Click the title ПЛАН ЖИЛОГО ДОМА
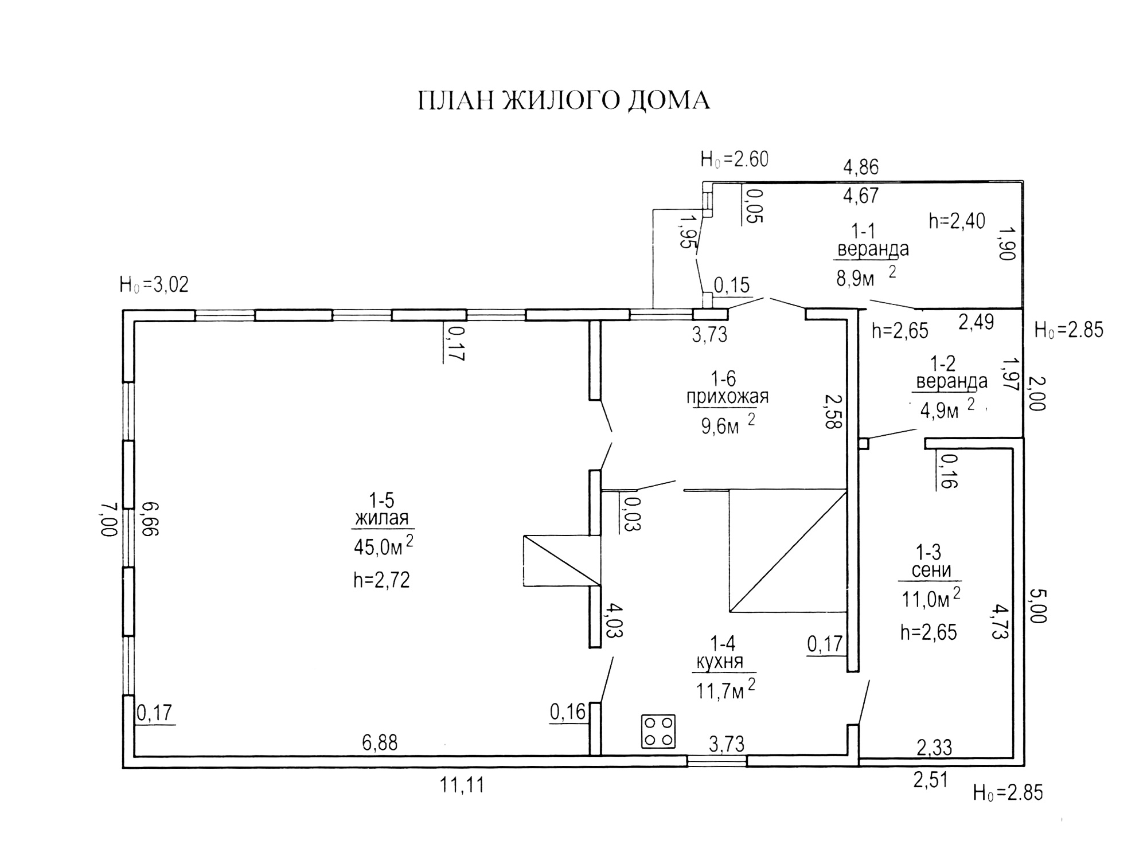click(563, 100)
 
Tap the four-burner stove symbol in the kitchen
click(658, 731)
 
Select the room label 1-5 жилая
click(382, 509)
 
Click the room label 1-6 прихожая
click(727, 388)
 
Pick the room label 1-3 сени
click(931, 561)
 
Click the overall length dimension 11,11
click(462, 785)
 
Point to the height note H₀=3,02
click(154, 285)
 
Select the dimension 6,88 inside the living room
click(380, 743)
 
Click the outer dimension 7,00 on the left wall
click(109, 519)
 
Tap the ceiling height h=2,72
click(381, 580)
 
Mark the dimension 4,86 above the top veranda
click(860, 167)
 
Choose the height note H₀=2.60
click(734, 159)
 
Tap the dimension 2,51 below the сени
click(930, 780)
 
